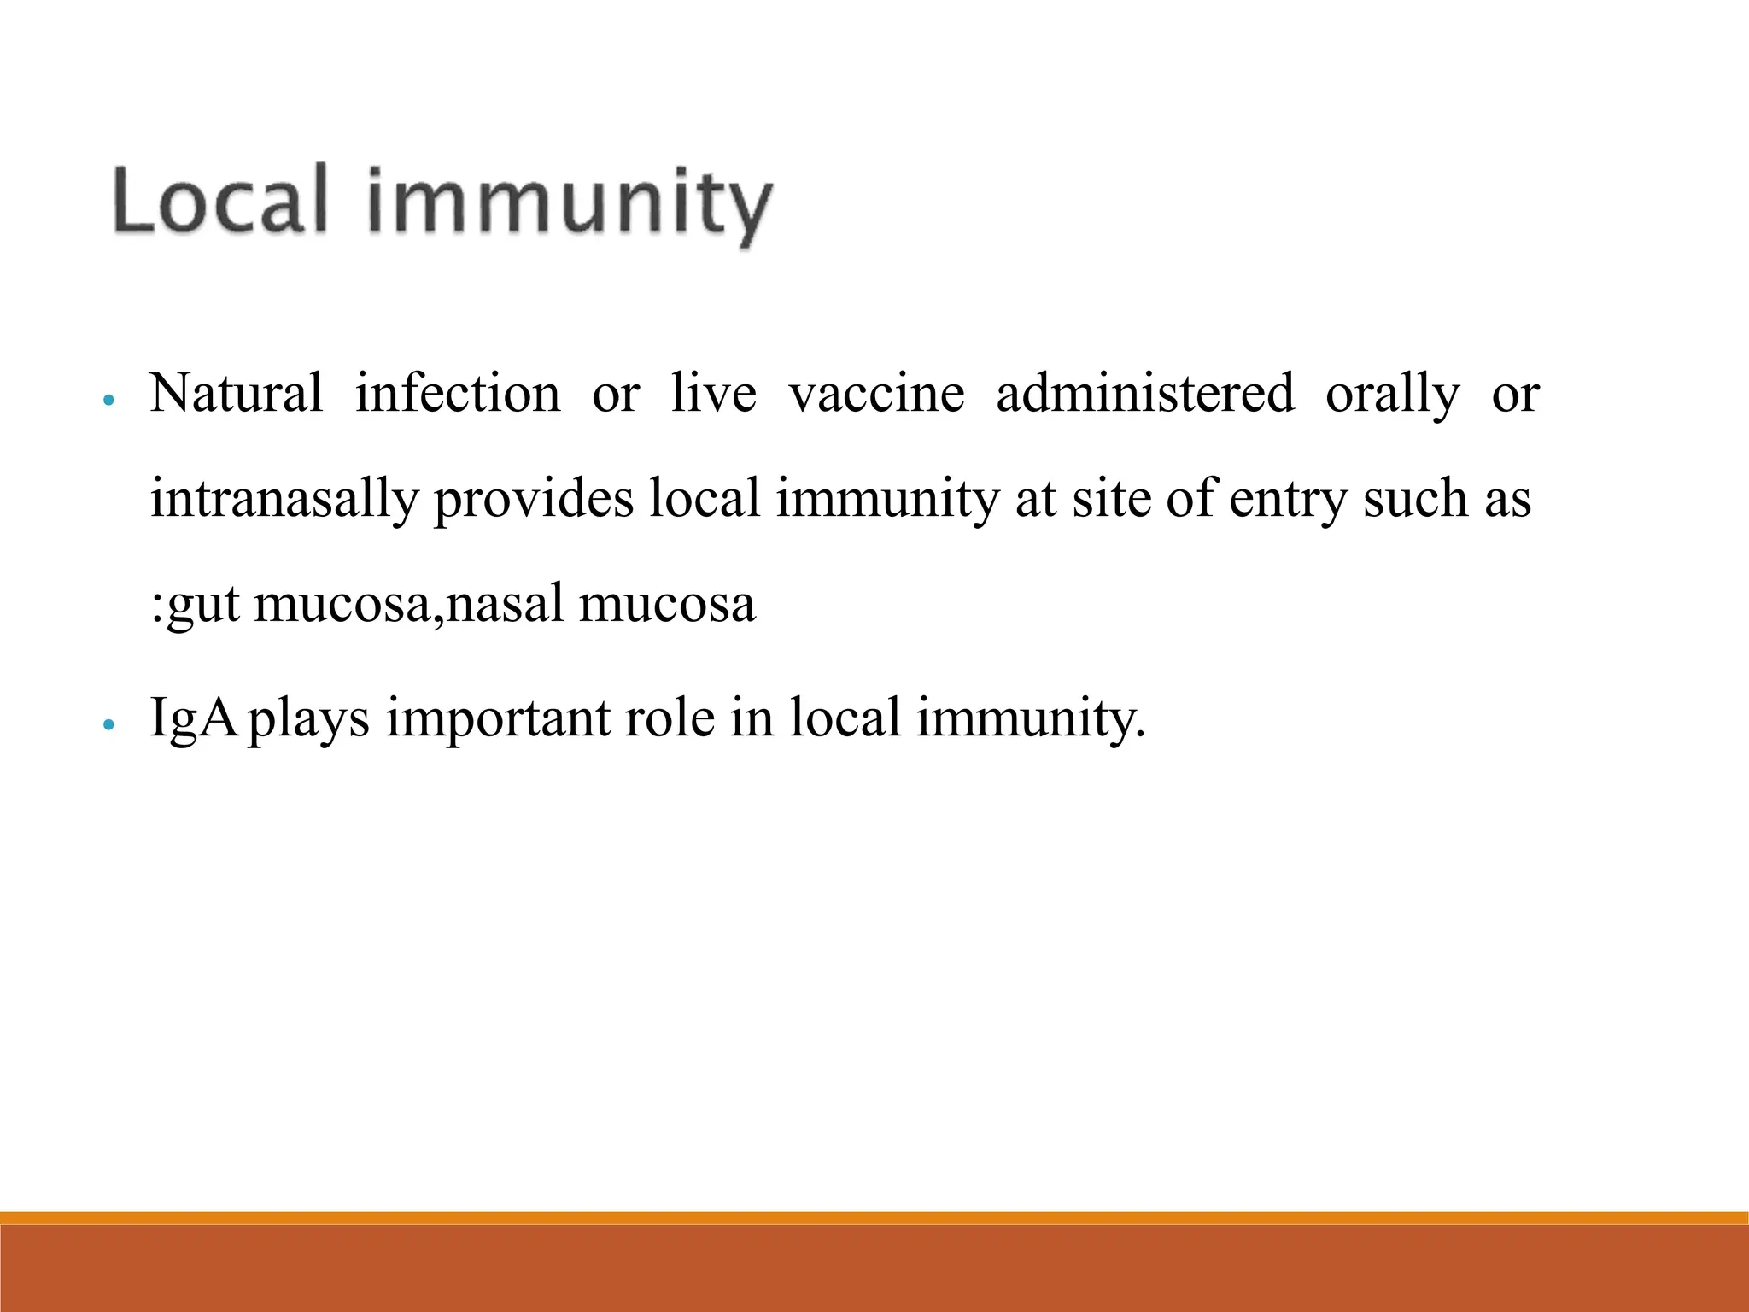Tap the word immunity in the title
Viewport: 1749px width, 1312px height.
570,205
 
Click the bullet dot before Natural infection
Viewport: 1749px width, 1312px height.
108,400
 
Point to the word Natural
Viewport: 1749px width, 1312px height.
237,395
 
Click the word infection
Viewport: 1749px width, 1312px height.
458,395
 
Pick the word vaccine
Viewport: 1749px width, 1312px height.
876,395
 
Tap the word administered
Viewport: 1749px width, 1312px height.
1145,395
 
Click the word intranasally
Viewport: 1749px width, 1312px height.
284,501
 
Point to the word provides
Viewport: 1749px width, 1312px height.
534,501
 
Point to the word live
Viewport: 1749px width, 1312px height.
713,395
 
